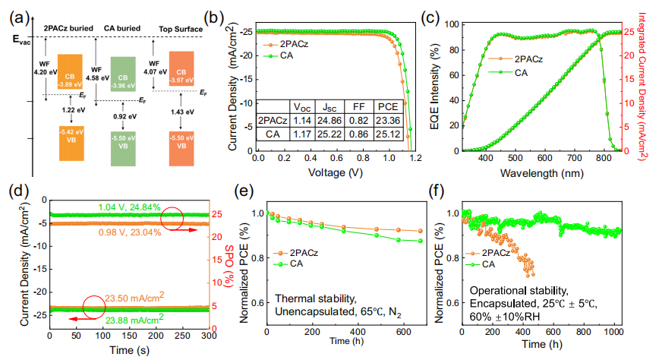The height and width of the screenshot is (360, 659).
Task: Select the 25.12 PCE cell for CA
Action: click(388, 134)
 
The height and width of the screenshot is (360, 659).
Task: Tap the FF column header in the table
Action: click(355, 106)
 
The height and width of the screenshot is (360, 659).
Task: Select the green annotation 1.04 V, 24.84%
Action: click(129, 207)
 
